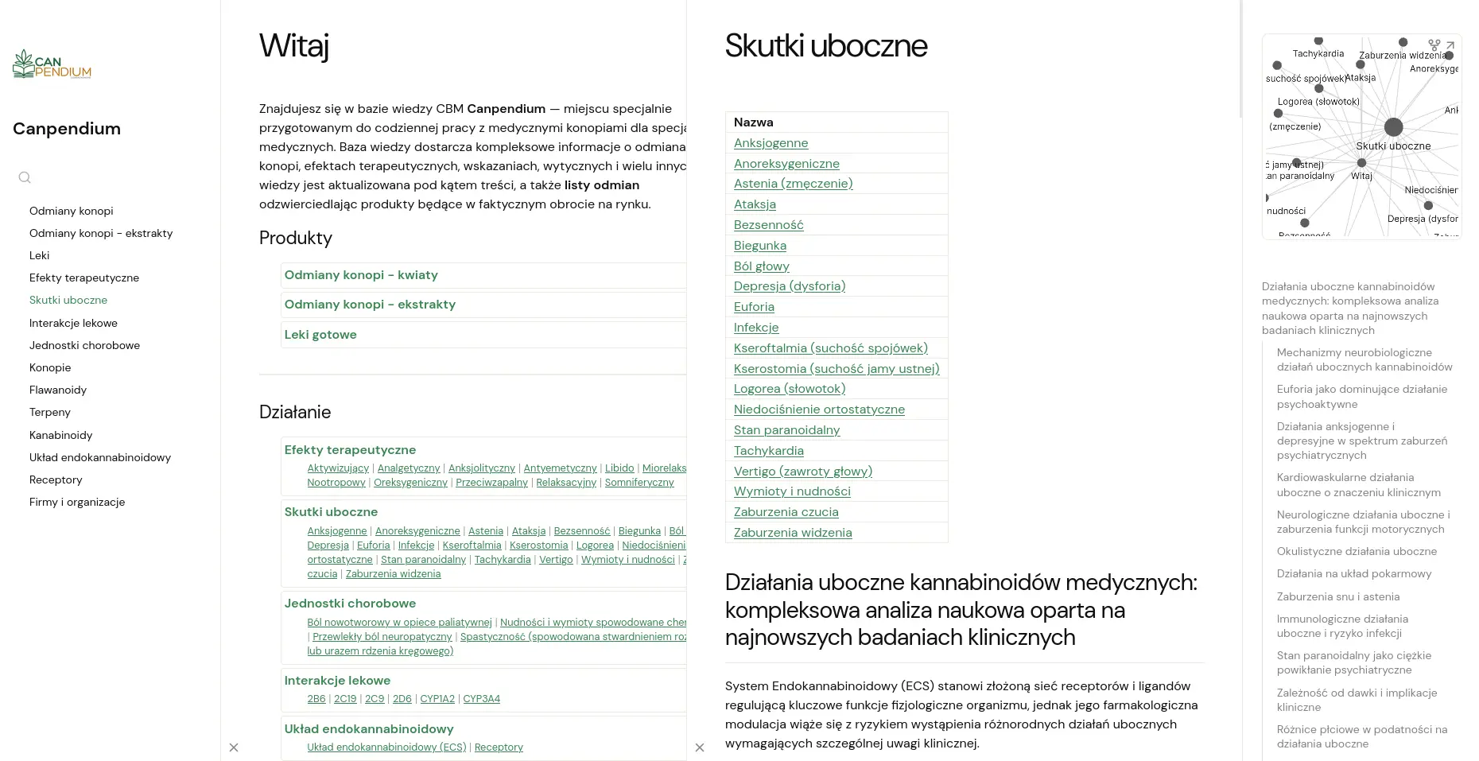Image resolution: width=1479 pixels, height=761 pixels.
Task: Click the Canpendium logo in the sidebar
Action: click(x=52, y=64)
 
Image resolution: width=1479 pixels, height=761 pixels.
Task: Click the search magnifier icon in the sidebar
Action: click(x=25, y=177)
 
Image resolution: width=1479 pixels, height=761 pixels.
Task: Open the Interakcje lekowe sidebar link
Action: click(x=73, y=323)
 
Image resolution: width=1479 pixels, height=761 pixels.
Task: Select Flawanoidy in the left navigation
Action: click(x=58, y=390)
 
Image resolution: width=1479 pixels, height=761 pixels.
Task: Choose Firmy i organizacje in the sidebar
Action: click(x=77, y=502)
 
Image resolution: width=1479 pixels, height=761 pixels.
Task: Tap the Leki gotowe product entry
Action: click(x=320, y=335)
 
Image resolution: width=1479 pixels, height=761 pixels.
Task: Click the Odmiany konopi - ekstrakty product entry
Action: click(x=370, y=305)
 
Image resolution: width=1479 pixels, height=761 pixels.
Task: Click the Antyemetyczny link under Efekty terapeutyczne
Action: click(x=560, y=468)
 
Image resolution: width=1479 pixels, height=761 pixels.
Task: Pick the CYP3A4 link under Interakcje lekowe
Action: click(x=481, y=699)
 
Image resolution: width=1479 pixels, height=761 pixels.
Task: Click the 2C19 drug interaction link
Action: click(x=345, y=699)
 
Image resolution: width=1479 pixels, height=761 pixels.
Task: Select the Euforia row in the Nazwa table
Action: click(x=754, y=307)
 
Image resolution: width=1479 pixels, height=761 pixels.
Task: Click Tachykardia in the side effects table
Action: click(x=768, y=451)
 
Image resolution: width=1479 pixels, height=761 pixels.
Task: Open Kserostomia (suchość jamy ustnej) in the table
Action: click(x=837, y=369)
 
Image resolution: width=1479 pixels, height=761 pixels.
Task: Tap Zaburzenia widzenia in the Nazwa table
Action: click(x=793, y=533)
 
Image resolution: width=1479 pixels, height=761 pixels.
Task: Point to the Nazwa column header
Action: click(x=753, y=122)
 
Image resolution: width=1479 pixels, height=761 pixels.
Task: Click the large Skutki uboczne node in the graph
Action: click(x=1393, y=127)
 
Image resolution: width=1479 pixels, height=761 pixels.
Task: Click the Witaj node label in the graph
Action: click(x=1361, y=176)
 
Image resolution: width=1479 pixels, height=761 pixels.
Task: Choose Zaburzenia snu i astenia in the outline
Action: click(x=1338, y=596)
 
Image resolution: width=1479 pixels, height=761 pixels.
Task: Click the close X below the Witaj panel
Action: click(x=234, y=747)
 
